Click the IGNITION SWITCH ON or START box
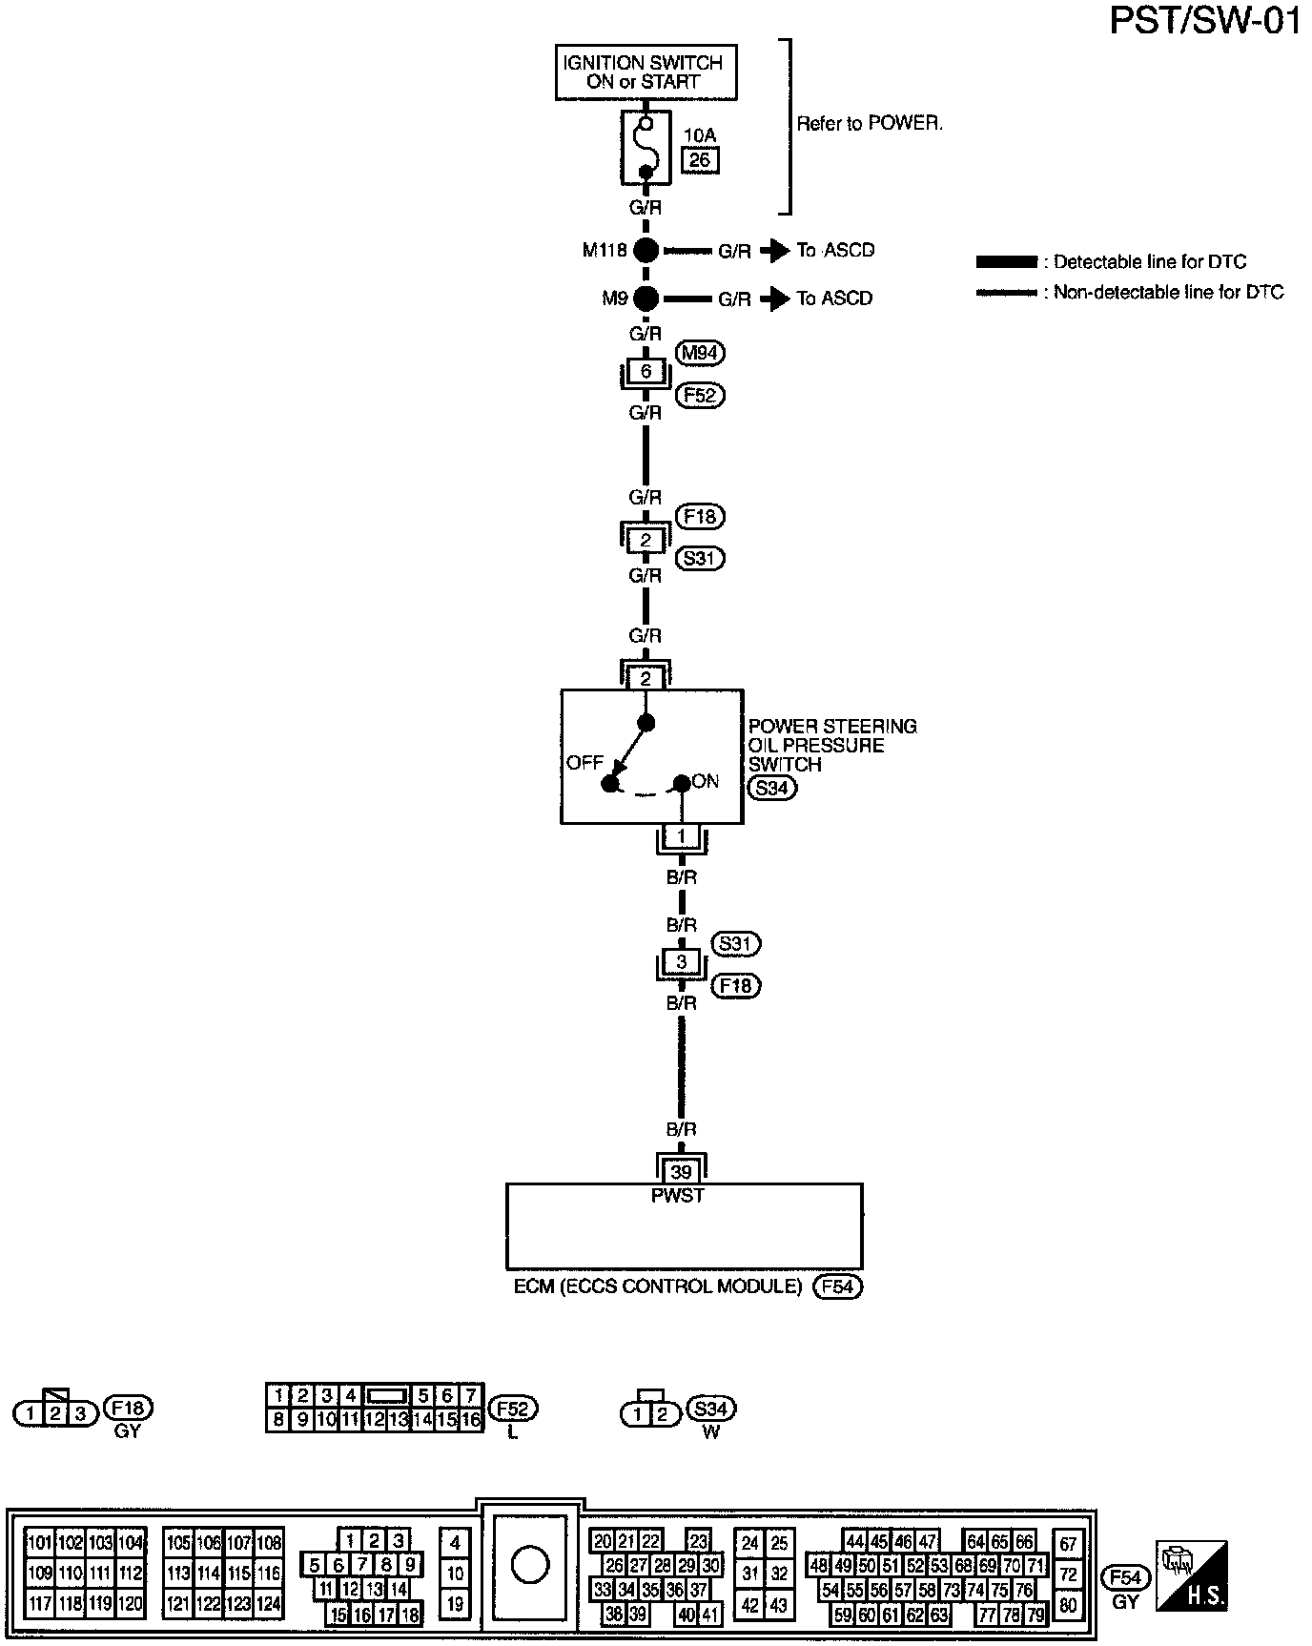646,72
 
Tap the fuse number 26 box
700,160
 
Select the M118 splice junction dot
646,251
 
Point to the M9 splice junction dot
646,298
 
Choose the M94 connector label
700,353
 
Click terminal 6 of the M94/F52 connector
646,371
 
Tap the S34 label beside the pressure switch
771,788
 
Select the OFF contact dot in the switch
609,784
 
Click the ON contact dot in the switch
681,784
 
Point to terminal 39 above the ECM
681,1172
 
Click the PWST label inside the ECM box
678,1196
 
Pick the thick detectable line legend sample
1006,262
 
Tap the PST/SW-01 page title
1205,21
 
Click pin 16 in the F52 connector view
471,1420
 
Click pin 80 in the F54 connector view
1068,1606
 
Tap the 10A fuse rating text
700,136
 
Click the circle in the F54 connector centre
530,1565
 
